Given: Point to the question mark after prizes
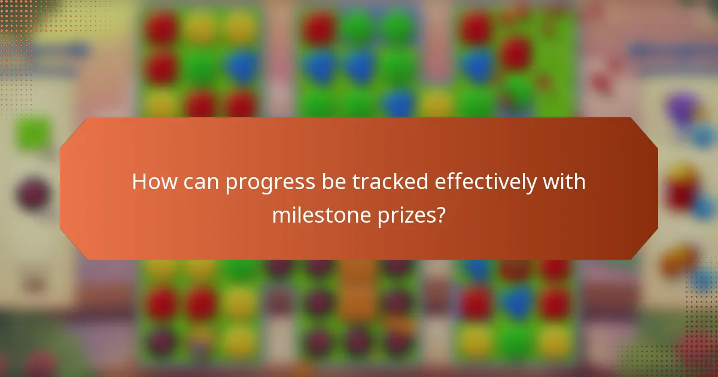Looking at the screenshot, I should click(441, 215).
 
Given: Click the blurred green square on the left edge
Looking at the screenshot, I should click(32, 133).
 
